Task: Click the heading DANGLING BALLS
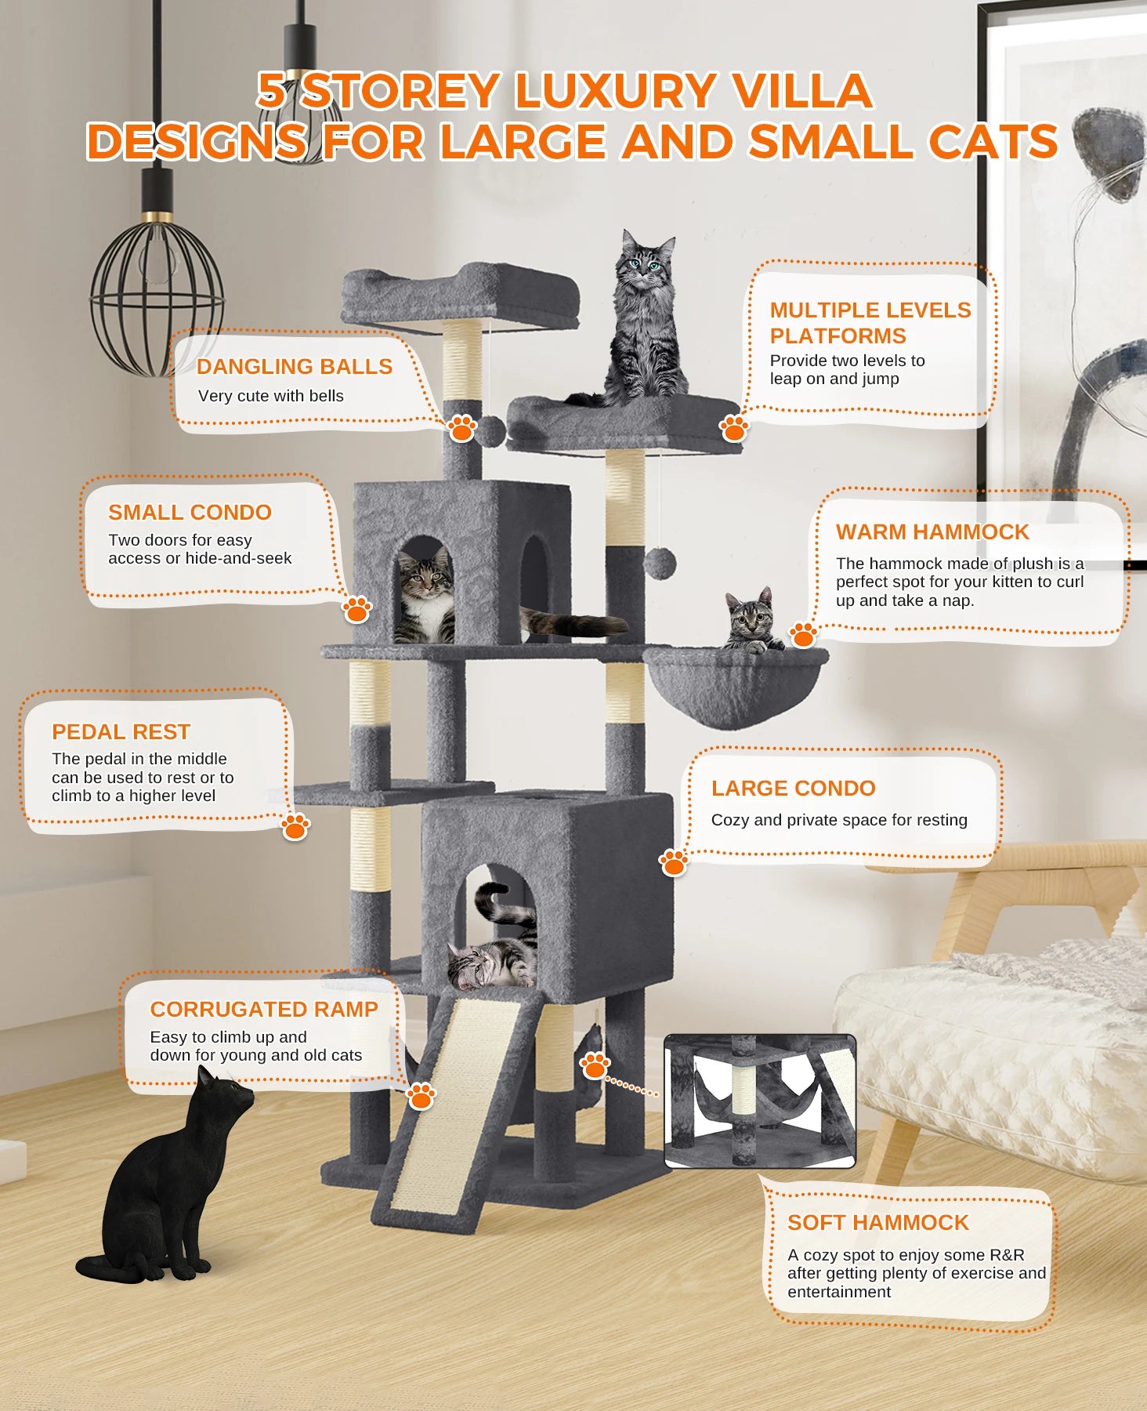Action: click(x=294, y=367)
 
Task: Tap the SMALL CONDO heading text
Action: click(x=190, y=513)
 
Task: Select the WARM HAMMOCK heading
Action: click(x=932, y=532)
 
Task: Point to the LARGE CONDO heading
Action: click(x=793, y=789)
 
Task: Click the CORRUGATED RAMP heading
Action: click(x=264, y=1010)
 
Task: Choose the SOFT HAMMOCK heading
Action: click(x=877, y=1223)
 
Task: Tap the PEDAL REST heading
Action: click(x=121, y=732)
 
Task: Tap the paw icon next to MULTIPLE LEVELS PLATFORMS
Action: click(x=733, y=428)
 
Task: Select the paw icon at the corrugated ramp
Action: click(x=421, y=1096)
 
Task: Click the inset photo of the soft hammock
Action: click(x=759, y=1101)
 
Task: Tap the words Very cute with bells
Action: click(x=270, y=397)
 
